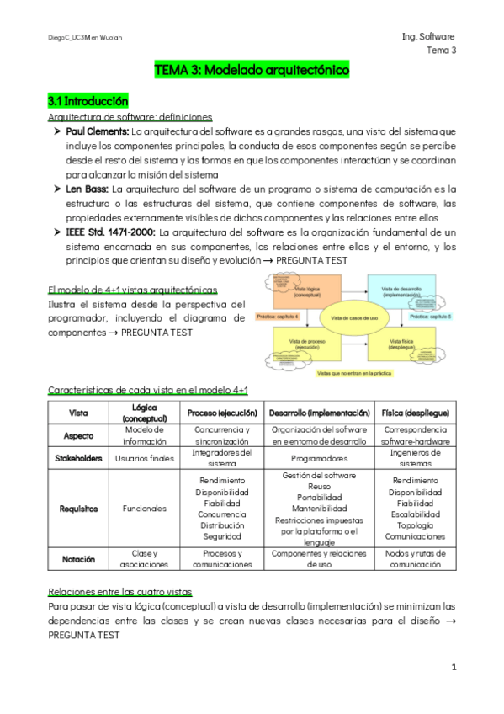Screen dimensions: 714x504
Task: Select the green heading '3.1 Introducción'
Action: [x=88, y=101]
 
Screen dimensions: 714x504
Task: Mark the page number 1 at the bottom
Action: [x=453, y=668]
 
